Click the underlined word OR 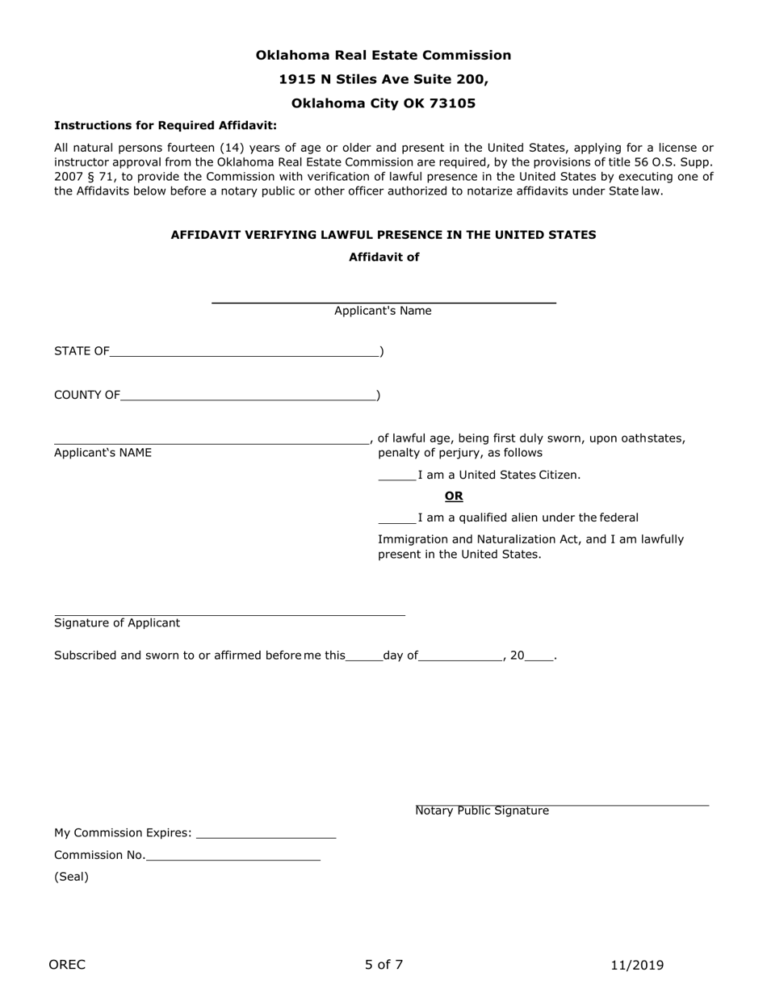(x=454, y=496)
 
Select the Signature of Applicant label (x=117, y=623)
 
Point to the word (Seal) (x=71, y=877)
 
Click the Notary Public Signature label (x=482, y=811)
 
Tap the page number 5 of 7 (x=383, y=965)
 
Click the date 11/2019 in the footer (x=637, y=965)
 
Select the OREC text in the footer (x=67, y=965)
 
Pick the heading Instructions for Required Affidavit (x=166, y=125)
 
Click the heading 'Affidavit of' (x=383, y=257)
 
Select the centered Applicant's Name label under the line (x=383, y=311)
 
